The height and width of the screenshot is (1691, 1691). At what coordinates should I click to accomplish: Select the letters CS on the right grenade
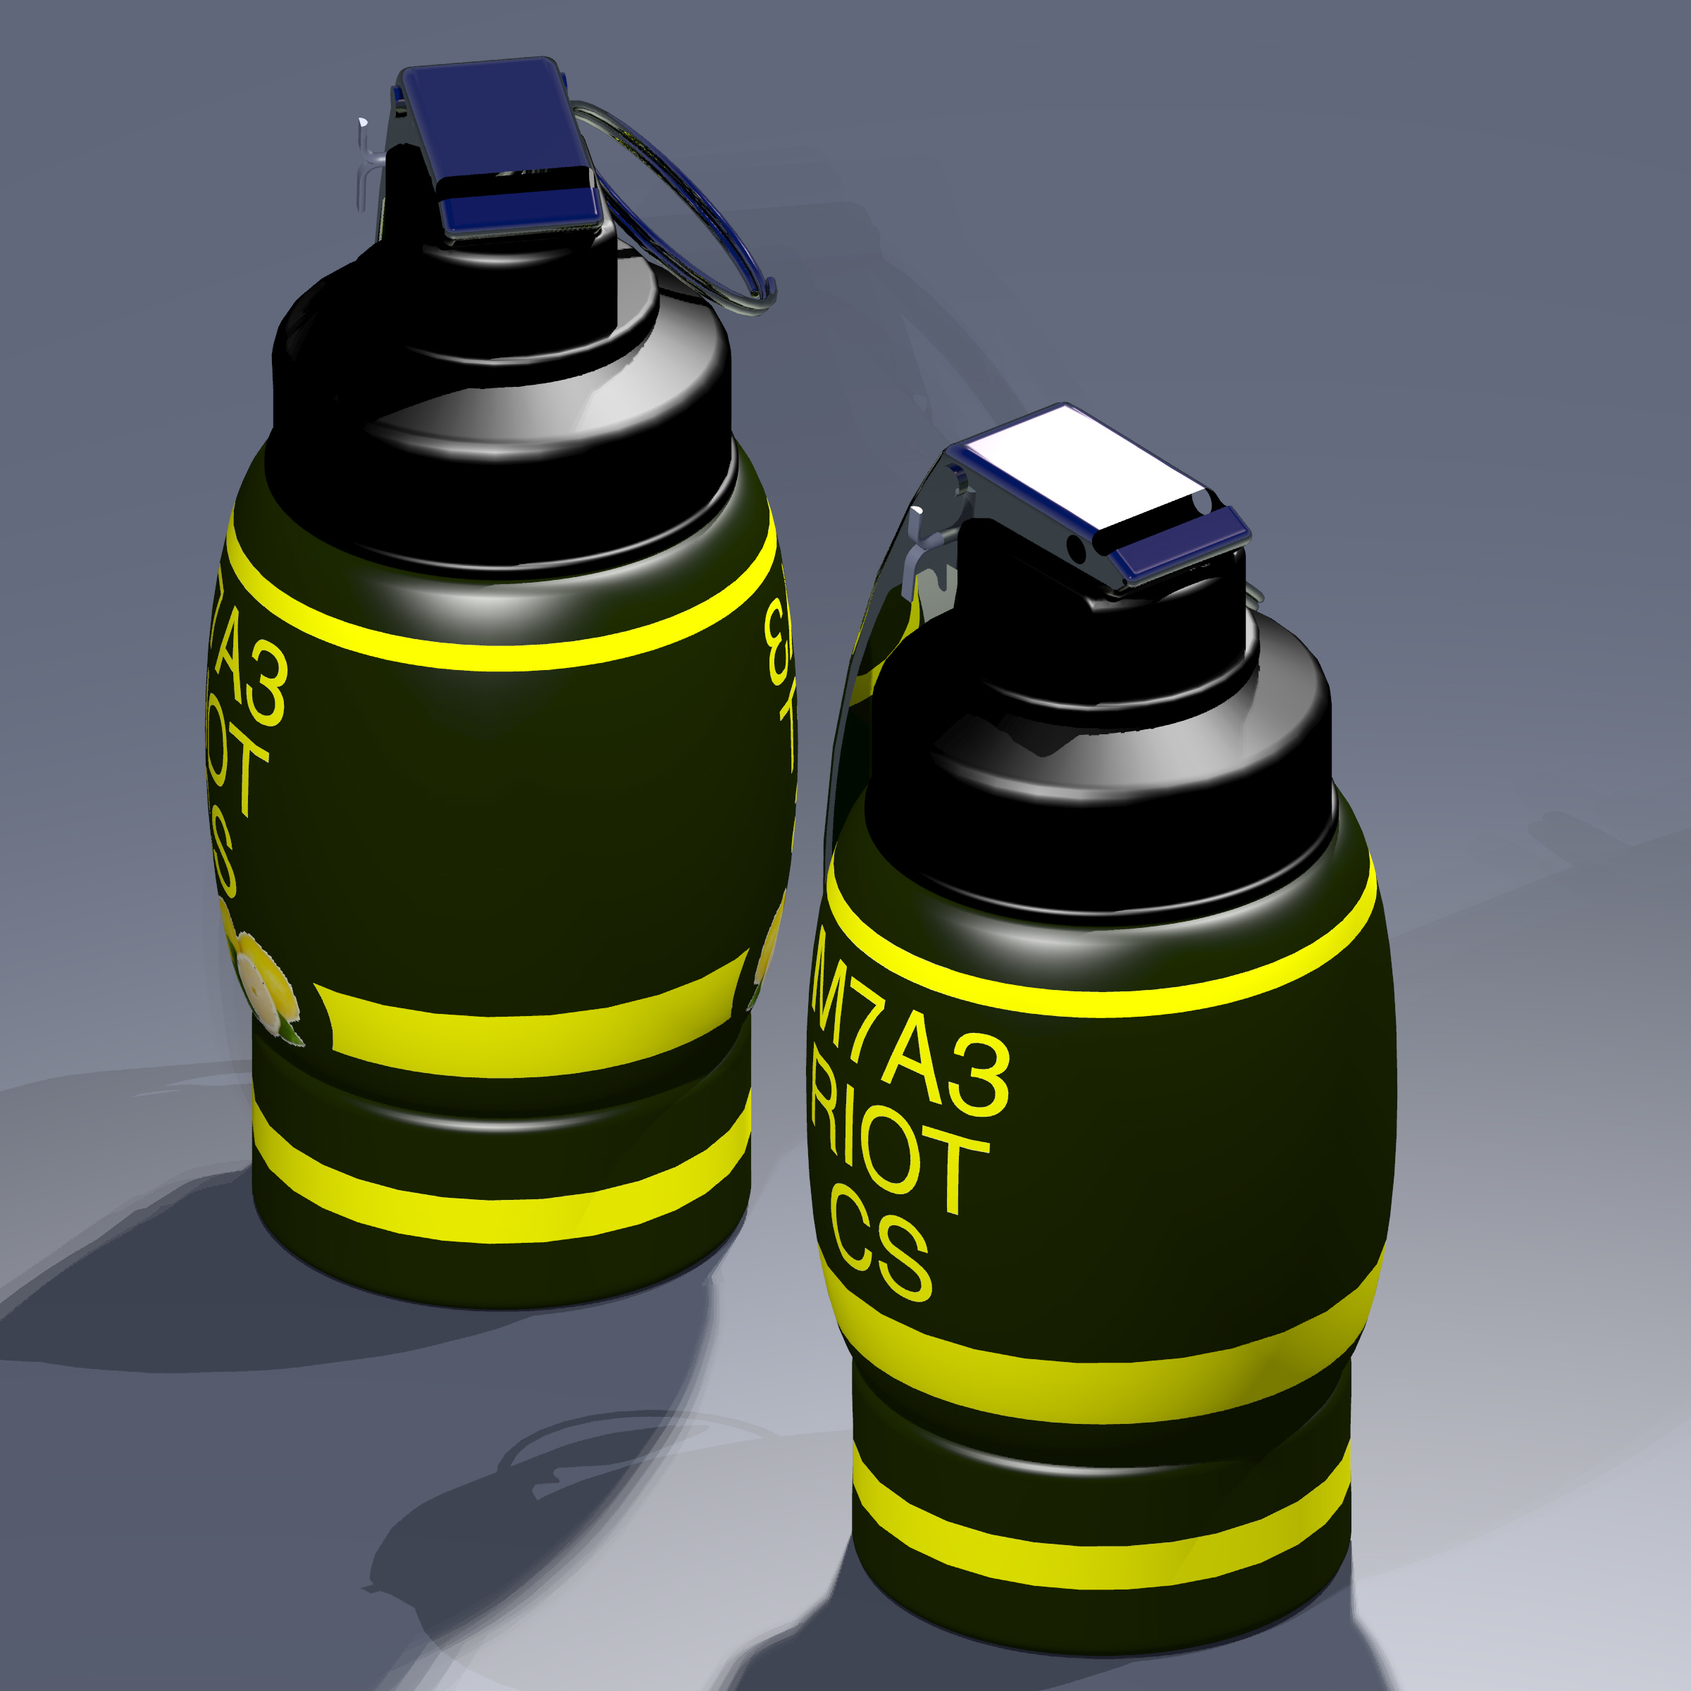pyautogui.click(x=879, y=1256)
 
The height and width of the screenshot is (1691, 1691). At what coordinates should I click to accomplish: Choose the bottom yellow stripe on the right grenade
pyautogui.click(x=1094, y=1567)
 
